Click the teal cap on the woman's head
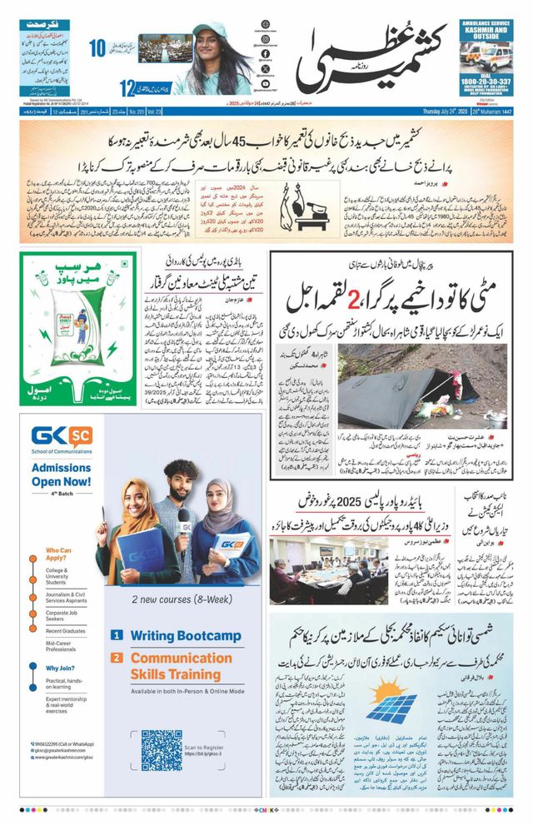tap(209, 30)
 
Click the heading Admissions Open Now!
tap(62, 475)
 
